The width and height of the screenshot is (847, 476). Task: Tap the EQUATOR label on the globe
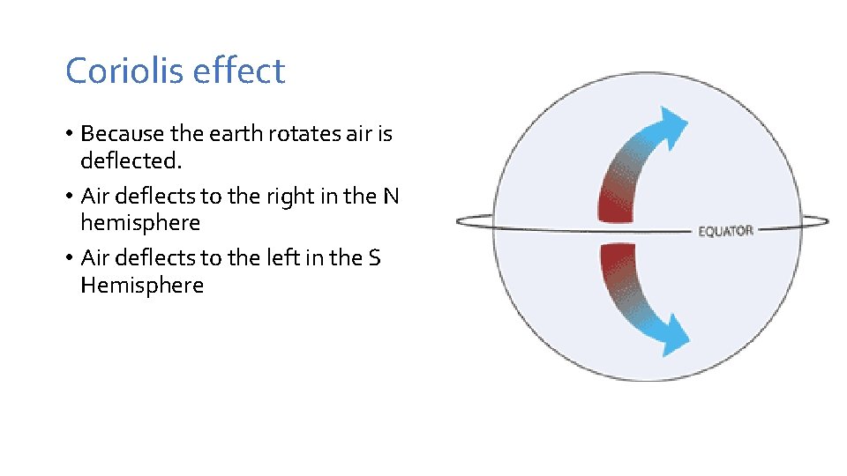click(725, 231)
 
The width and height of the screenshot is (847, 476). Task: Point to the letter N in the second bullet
click(391, 196)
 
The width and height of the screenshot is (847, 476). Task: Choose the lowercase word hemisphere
click(139, 223)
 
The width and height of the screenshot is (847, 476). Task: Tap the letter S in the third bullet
click(374, 257)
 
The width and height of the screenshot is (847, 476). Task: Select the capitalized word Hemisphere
click(141, 286)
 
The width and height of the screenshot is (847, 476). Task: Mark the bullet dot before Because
click(69, 135)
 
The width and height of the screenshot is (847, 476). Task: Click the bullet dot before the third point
click(69, 258)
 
